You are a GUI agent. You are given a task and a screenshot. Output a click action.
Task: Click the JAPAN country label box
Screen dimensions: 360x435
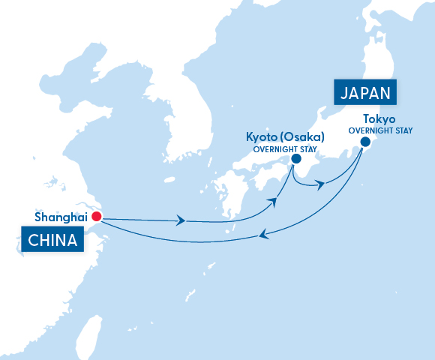(x=366, y=94)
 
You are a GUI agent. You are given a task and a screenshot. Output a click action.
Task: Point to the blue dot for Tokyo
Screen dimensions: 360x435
(x=365, y=141)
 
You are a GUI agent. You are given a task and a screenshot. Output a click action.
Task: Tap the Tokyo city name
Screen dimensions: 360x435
(x=379, y=119)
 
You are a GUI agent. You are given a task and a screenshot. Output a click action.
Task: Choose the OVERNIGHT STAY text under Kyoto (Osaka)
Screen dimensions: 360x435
(x=283, y=148)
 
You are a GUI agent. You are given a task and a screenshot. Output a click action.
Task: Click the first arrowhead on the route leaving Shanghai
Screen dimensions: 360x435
(x=181, y=220)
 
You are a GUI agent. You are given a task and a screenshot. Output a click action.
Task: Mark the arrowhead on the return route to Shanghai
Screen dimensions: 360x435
(x=262, y=235)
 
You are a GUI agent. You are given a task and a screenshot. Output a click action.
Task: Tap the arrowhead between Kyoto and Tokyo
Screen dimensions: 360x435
(x=320, y=184)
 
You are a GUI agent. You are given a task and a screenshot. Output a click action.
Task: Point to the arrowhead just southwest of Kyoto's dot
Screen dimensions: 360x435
(x=277, y=202)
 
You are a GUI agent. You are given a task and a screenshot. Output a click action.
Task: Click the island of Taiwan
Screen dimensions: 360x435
(x=91, y=334)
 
